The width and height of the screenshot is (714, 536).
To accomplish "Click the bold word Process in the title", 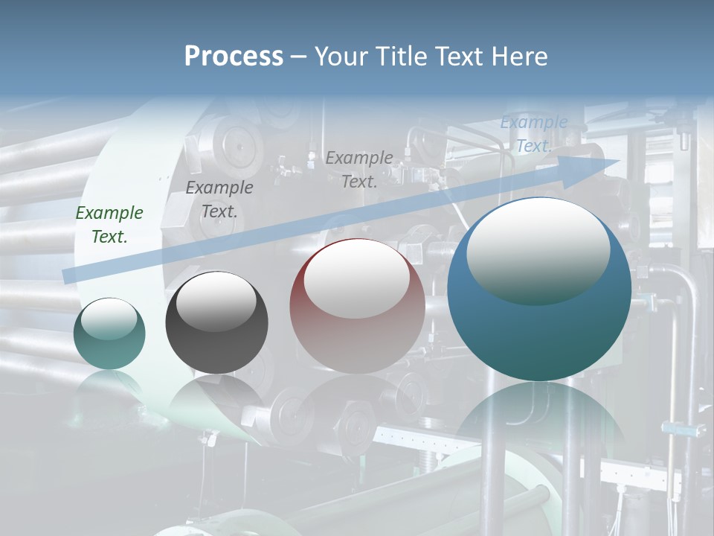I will coord(234,57).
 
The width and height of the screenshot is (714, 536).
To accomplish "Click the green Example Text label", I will coord(109,224).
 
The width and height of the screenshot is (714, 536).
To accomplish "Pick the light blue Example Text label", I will coord(533,134).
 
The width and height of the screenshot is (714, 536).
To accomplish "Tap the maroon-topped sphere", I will coord(357,335).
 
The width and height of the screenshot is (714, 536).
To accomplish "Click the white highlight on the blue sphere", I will coord(538,249).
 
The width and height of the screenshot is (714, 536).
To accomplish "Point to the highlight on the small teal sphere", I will coord(109,319).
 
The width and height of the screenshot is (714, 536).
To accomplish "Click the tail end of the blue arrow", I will coord(68,275).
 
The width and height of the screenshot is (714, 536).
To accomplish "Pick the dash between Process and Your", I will coord(298,57).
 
